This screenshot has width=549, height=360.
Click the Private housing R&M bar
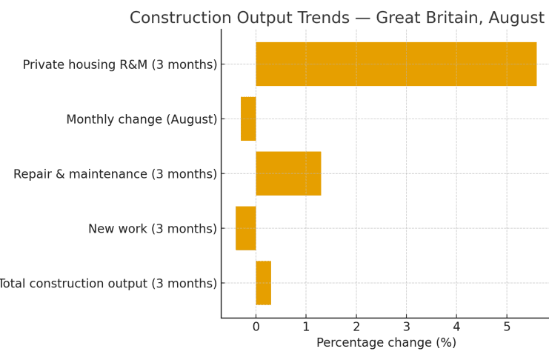click(x=396, y=64)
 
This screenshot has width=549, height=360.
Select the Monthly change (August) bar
click(x=248, y=119)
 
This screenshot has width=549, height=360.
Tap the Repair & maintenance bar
click(x=288, y=173)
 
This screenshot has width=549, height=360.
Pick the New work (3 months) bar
click(x=246, y=228)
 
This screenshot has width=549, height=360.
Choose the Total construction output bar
click(x=263, y=283)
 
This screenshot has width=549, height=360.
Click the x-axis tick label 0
click(x=256, y=327)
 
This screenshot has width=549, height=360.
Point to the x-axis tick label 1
click(x=306, y=327)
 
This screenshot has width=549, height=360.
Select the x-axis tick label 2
click(x=356, y=327)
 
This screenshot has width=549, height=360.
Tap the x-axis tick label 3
click(x=406, y=327)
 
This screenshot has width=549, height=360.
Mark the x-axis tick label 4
click(x=456, y=327)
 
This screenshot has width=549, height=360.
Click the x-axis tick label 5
click(x=507, y=327)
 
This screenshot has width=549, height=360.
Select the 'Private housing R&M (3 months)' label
click(x=120, y=65)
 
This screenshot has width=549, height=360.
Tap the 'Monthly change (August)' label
click(x=142, y=119)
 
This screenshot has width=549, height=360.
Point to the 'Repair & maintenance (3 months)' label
click(x=115, y=174)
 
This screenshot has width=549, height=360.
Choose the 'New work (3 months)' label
click(x=153, y=229)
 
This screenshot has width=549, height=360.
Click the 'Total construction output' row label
click(x=108, y=284)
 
